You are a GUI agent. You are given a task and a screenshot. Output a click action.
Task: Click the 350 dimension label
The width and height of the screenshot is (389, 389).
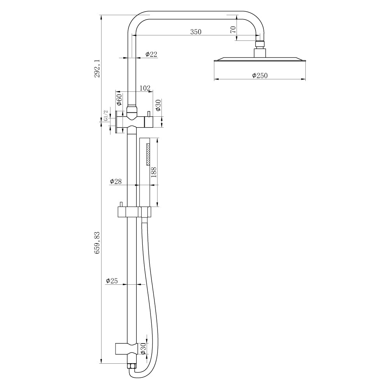pyautogui.click(x=196, y=32)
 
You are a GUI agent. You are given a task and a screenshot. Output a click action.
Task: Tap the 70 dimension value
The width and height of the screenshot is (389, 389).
pyautogui.click(x=233, y=30)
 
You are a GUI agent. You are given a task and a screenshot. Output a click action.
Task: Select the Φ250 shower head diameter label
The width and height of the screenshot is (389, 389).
pyautogui.click(x=260, y=75)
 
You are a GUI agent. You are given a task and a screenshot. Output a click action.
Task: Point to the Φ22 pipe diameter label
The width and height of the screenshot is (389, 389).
pyautogui.click(x=151, y=54)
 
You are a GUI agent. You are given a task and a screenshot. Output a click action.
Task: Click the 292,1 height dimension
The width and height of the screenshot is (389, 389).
pyautogui.click(x=97, y=68)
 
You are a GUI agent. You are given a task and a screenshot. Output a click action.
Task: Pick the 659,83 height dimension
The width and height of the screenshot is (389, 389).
pyautogui.click(x=97, y=243)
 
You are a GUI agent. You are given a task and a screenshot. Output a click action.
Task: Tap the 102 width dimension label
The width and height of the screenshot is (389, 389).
pyautogui.click(x=145, y=88)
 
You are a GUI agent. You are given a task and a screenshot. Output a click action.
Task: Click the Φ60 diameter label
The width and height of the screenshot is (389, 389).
pyautogui.click(x=119, y=99)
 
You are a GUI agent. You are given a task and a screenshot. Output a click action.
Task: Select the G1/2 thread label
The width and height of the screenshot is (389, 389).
pyautogui.click(x=106, y=116)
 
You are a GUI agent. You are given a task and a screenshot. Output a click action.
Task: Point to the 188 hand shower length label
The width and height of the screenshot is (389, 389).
pyautogui.click(x=154, y=172)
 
